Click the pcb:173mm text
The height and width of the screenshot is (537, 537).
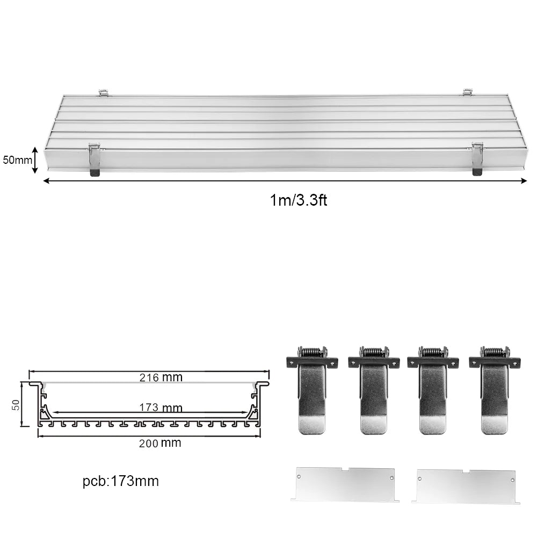[x=121, y=481]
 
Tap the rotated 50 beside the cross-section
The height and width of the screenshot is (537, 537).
[x=16, y=404]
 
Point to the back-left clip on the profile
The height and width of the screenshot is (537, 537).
[x=104, y=92]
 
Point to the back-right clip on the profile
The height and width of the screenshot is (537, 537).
[x=468, y=92]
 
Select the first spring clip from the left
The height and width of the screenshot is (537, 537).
[x=312, y=390]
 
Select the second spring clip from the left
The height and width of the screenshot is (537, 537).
[x=374, y=390]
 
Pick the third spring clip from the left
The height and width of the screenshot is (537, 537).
[x=433, y=390]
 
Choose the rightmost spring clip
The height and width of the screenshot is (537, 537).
[x=495, y=390]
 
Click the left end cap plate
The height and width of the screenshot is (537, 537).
[x=345, y=484]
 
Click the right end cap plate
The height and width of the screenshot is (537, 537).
[x=466, y=486]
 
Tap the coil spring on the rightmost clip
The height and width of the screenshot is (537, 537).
[x=495, y=352]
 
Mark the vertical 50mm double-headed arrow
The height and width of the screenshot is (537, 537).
[x=35, y=160]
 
